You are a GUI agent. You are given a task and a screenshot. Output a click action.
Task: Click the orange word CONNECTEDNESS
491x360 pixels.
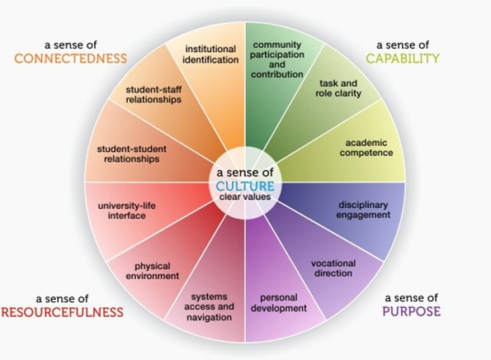coord(70,59)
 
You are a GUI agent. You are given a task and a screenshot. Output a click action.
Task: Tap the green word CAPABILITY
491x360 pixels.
coord(403,59)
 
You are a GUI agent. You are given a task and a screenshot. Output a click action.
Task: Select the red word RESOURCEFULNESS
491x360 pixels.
coord(63,312)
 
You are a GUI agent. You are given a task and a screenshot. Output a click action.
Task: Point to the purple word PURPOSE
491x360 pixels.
coord(412,311)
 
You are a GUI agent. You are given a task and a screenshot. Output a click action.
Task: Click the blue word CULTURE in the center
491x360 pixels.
coord(245,186)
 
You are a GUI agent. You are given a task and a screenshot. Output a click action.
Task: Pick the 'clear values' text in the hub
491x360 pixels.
coord(245,197)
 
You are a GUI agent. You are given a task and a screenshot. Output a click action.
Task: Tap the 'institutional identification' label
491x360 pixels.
coord(210,54)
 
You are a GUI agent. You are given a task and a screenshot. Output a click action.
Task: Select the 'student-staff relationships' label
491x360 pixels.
coord(153,95)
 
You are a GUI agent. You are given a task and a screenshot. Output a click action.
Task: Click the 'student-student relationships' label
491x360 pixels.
coord(131,154)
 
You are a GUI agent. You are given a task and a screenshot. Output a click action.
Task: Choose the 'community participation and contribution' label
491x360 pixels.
coord(277,59)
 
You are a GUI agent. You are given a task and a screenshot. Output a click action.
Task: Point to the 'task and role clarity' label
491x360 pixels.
coord(338,88)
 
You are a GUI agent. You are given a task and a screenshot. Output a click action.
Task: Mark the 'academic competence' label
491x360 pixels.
coord(366,148)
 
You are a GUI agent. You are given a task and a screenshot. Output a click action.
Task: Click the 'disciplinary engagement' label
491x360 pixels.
coord(363,210)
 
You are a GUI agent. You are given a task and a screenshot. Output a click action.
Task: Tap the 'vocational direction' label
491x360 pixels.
coord(333,268)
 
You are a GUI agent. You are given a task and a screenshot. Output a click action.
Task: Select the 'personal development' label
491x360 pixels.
coord(279,303)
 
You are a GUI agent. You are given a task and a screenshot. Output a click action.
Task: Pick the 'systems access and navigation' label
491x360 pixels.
coord(209,307)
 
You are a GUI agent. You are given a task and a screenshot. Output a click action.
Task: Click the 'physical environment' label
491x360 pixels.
coord(153,271)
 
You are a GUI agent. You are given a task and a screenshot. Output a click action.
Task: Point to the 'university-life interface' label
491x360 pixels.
coord(127,211)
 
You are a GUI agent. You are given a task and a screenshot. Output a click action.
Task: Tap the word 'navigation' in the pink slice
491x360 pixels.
coord(209,317)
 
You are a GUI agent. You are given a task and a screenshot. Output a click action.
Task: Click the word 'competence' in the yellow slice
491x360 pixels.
coord(366,153)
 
